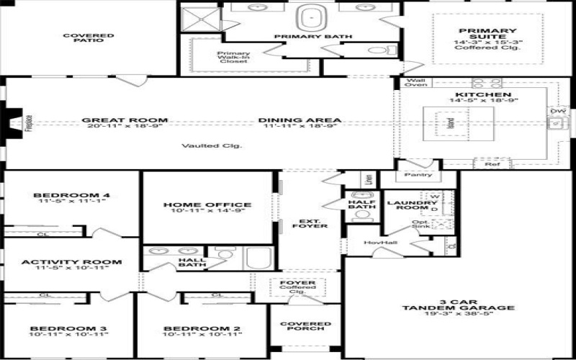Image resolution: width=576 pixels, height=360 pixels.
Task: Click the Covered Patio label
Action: click(x=88, y=37)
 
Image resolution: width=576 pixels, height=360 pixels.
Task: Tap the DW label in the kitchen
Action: click(x=557, y=112)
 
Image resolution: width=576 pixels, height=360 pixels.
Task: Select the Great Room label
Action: click(x=125, y=120)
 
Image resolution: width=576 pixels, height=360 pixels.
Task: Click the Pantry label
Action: click(x=418, y=174)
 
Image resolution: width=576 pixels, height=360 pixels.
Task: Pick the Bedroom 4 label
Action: click(x=71, y=195)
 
